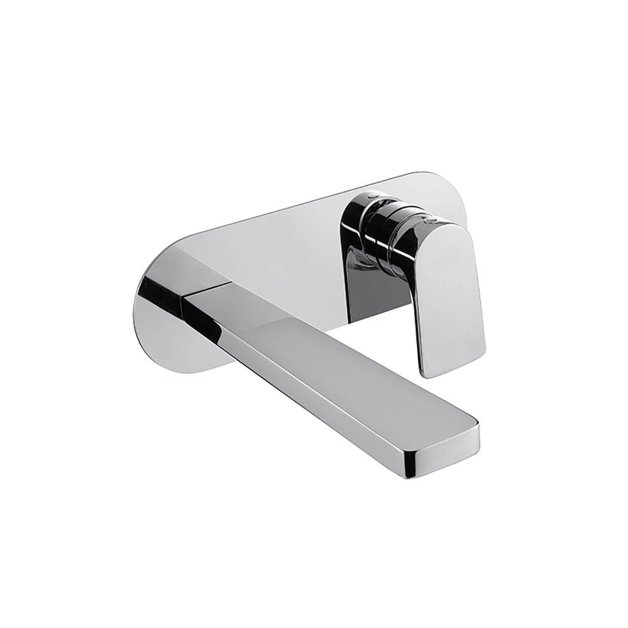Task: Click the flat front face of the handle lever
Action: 449,295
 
